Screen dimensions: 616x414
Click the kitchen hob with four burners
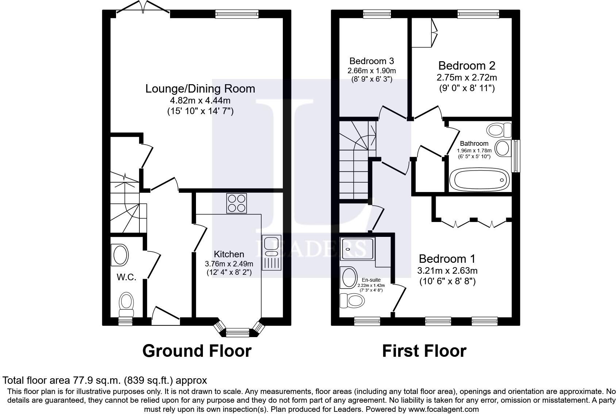[x=236, y=203]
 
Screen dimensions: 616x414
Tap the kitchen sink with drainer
[x=272, y=253]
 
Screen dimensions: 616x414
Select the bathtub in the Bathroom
[x=479, y=180]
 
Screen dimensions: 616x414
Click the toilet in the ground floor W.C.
[x=126, y=305]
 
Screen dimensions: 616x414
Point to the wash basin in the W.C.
[x=120, y=255]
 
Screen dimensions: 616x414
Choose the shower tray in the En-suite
[x=357, y=249]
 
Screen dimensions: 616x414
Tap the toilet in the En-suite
[x=352, y=301]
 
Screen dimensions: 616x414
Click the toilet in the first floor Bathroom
[x=499, y=130]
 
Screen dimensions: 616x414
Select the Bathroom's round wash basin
[x=503, y=148]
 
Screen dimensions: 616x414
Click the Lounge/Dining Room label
[x=200, y=89]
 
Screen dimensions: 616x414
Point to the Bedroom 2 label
[x=467, y=66]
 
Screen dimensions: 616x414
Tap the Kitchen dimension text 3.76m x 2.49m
[x=229, y=264]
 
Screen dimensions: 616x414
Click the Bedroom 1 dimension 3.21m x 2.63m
[x=447, y=271]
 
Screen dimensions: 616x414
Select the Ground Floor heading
[x=197, y=351]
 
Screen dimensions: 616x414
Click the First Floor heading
[x=424, y=351]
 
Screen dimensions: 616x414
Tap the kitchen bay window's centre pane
[x=237, y=332]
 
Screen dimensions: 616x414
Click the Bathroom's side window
[x=516, y=156]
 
